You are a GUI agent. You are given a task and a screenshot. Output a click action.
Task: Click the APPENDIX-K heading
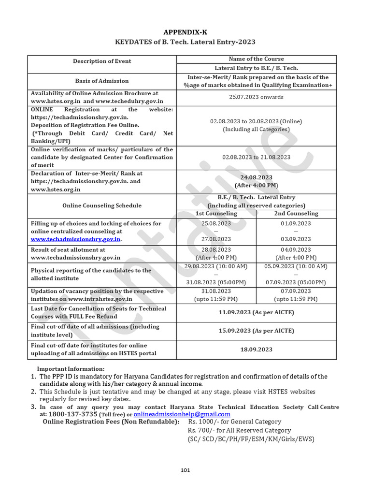(185, 32)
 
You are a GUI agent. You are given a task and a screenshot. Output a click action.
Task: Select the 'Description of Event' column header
(102, 61)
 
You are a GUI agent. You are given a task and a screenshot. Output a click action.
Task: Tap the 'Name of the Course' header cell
(256, 58)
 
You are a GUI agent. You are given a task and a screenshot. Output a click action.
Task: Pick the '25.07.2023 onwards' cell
(256, 97)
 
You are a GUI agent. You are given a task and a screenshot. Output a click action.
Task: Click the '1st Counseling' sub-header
(216, 213)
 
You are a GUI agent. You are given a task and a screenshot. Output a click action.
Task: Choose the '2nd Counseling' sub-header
(296, 213)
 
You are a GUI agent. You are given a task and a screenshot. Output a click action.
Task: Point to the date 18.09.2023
(256, 349)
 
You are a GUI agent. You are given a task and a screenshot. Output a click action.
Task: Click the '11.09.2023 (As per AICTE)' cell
(256, 312)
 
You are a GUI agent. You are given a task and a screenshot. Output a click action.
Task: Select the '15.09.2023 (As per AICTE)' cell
(256, 331)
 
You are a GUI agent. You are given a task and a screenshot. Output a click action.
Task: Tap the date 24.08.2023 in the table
(256, 177)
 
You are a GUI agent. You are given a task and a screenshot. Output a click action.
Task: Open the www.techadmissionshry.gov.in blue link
(76, 239)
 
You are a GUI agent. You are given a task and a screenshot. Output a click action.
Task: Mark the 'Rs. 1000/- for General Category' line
(235, 422)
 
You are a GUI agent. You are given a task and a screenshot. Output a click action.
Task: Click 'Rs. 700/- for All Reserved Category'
(239, 430)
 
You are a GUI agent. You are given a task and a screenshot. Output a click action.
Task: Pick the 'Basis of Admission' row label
(102, 81)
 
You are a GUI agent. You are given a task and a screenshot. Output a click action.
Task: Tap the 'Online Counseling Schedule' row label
(102, 205)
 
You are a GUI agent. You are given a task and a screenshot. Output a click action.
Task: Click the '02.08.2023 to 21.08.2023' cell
(256, 157)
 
